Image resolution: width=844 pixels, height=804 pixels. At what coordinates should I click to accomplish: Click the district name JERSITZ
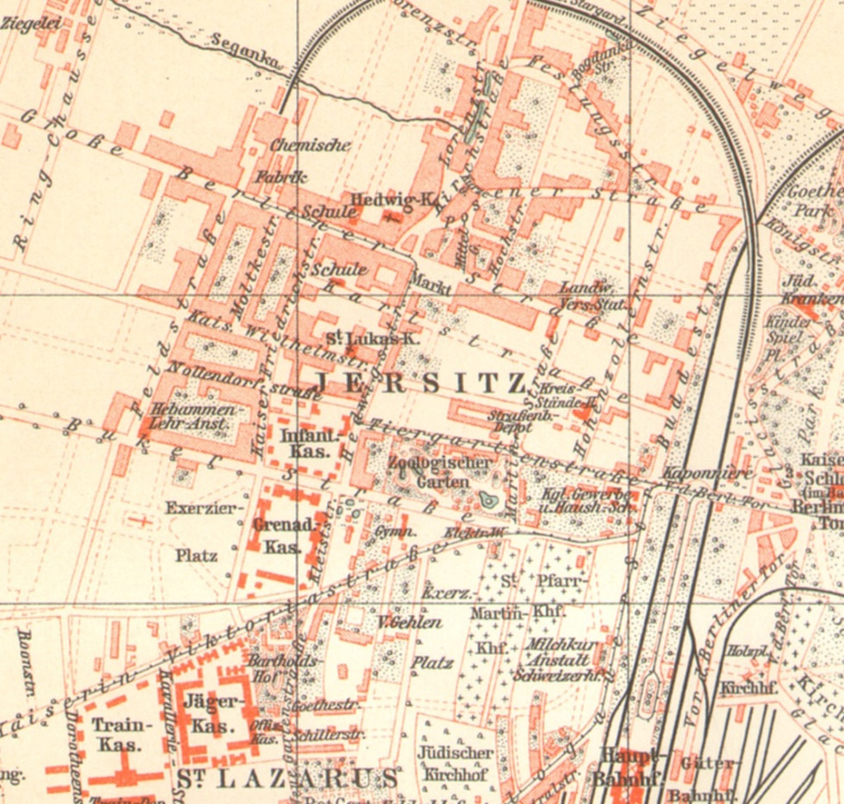(420, 383)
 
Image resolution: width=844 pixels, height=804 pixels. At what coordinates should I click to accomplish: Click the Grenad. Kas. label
(284, 535)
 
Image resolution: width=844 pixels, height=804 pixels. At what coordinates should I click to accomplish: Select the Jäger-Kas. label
(214, 714)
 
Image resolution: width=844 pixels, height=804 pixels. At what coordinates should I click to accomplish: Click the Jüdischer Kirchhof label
(455, 764)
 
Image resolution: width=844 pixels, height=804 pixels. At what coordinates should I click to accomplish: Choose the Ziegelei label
(31, 23)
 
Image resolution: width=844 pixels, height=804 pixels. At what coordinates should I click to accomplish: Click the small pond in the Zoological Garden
(487, 500)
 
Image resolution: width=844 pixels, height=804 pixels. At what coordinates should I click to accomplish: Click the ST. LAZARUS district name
(287, 779)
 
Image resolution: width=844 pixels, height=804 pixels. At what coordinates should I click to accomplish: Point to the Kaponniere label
(707, 473)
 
